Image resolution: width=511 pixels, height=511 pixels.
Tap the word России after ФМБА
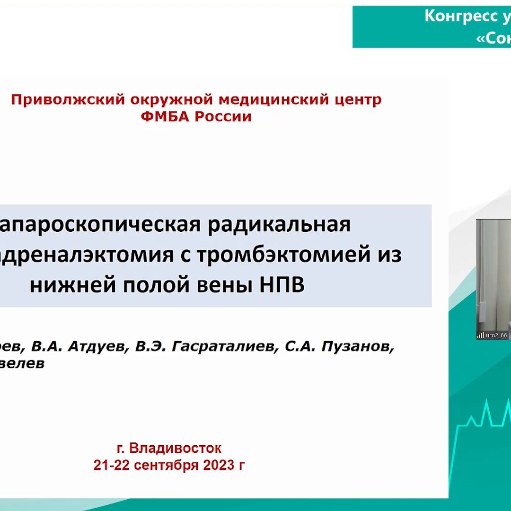[x=223, y=116]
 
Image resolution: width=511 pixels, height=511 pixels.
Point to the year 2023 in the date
[x=218, y=465]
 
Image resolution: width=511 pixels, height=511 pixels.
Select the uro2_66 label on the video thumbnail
[x=496, y=335]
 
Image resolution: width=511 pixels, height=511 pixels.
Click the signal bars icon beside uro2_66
[x=481, y=335]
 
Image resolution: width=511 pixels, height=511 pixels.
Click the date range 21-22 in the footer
[x=112, y=465]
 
